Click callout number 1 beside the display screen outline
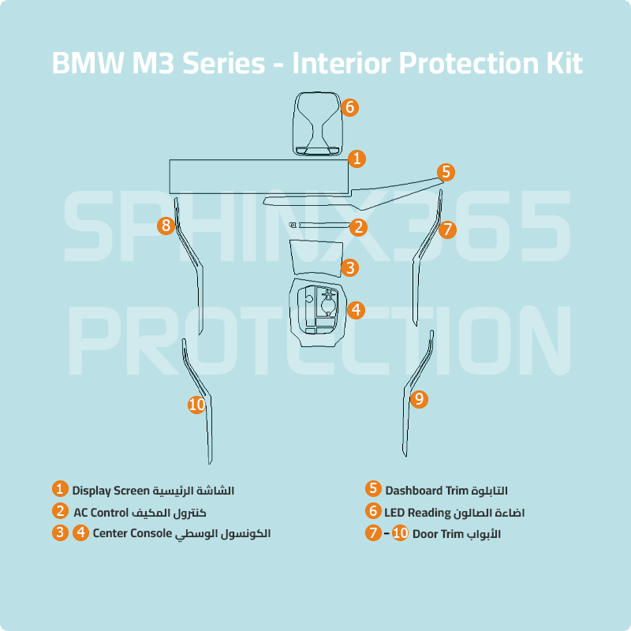(x=357, y=159)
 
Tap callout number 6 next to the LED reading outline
(x=350, y=107)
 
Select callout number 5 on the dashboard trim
(x=446, y=171)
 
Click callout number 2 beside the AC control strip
(x=358, y=228)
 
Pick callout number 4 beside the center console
(x=357, y=310)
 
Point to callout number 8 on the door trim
(x=166, y=226)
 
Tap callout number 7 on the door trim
(x=447, y=230)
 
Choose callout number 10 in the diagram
(x=197, y=405)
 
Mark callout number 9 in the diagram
(x=420, y=399)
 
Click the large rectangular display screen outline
(x=260, y=174)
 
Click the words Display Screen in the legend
(x=111, y=491)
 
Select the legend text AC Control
(x=100, y=512)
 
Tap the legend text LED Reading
(x=417, y=512)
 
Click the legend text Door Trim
(x=437, y=534)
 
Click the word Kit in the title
(x=562, y=63)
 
